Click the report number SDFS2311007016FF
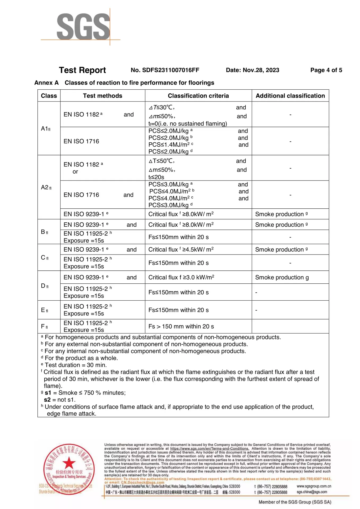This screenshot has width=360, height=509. coord(165,70)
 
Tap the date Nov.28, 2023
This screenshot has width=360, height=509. coord(252,70)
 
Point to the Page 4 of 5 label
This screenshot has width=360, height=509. coord(326,70)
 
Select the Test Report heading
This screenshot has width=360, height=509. coord(82,70)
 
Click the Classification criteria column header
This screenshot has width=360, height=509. coord(198,96)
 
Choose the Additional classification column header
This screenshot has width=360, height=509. coord(290,96)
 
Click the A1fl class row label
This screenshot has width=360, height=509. coord(46,129)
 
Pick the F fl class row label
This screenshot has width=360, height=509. coord(45,326)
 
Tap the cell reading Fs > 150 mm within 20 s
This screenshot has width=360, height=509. coord(181,326)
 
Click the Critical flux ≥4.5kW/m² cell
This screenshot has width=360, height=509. coord(181,249)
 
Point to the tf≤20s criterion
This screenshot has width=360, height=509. coord(156,177)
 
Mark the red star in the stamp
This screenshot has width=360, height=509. coord(69,463)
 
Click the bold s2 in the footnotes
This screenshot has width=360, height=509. coord(47,400)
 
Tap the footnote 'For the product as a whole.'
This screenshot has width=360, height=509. coord(81,358)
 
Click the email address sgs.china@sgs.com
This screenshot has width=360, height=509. coord(312,492)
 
